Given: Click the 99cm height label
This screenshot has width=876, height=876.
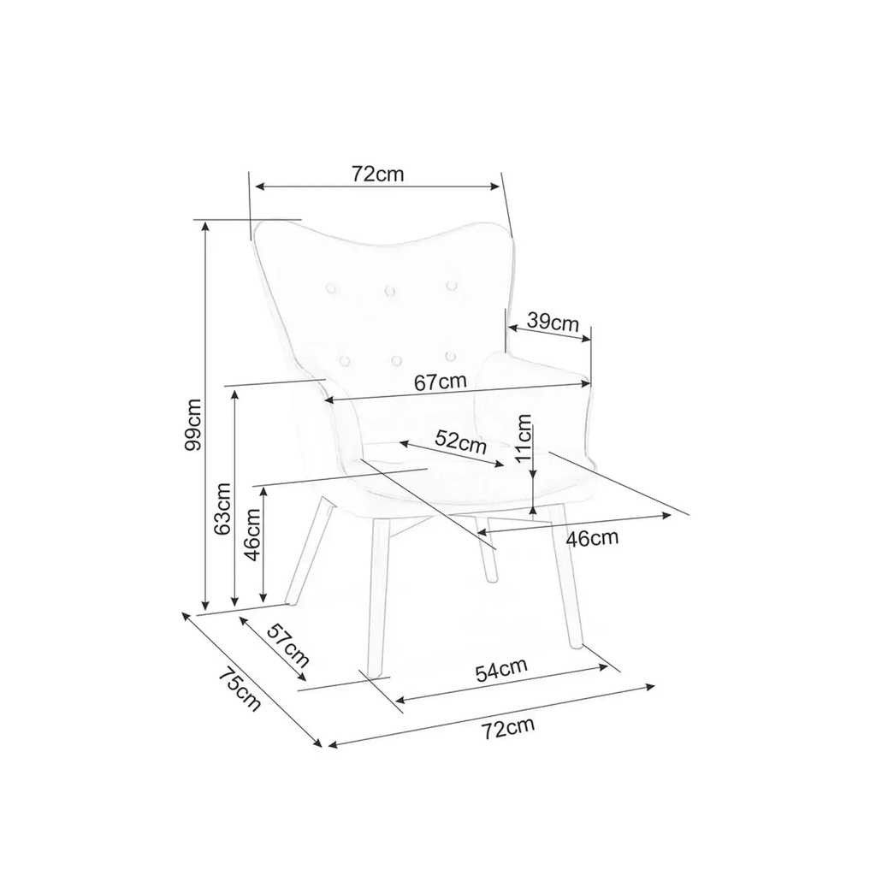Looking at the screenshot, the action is click(x=193, y=424).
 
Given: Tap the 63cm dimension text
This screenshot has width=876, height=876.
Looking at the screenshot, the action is click(x=222, y=508).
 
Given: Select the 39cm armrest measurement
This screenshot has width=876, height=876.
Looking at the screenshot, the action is click(x=553, y=323).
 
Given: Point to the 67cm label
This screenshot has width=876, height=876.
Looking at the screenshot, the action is click(x=441, y=382).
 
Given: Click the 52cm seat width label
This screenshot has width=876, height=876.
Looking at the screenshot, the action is click(x=461, y=442).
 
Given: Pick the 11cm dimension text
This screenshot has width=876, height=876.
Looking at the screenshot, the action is click(x=524, y=438).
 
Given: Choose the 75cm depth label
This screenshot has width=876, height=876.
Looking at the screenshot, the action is click(x=240, y=690).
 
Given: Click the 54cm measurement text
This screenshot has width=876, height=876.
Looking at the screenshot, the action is click(x=501, y=670).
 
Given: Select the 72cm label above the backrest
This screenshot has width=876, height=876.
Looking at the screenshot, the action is click(x=377, y=175).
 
